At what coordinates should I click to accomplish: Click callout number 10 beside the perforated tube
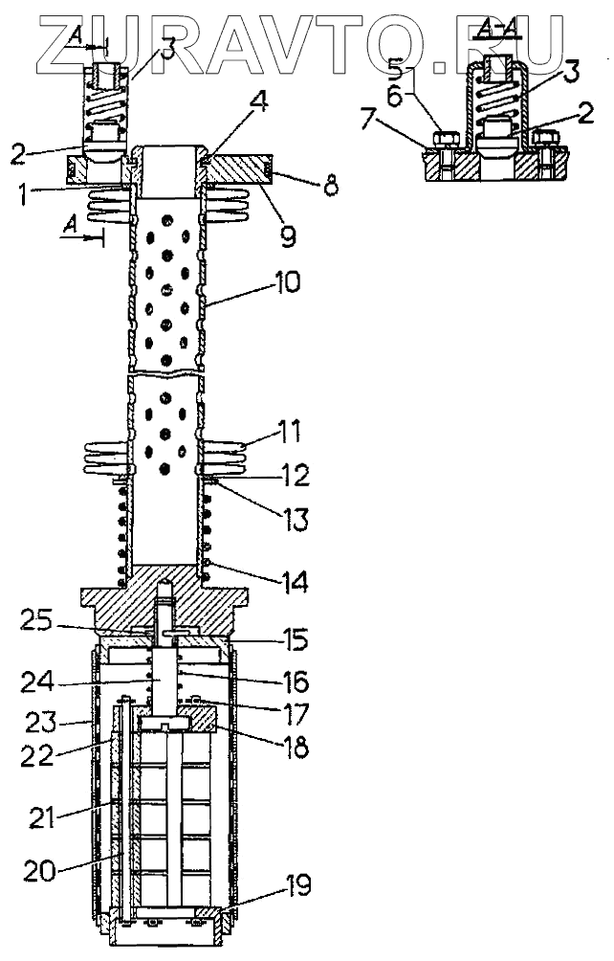pos(286,282)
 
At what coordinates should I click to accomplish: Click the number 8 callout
pos(331,187)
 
